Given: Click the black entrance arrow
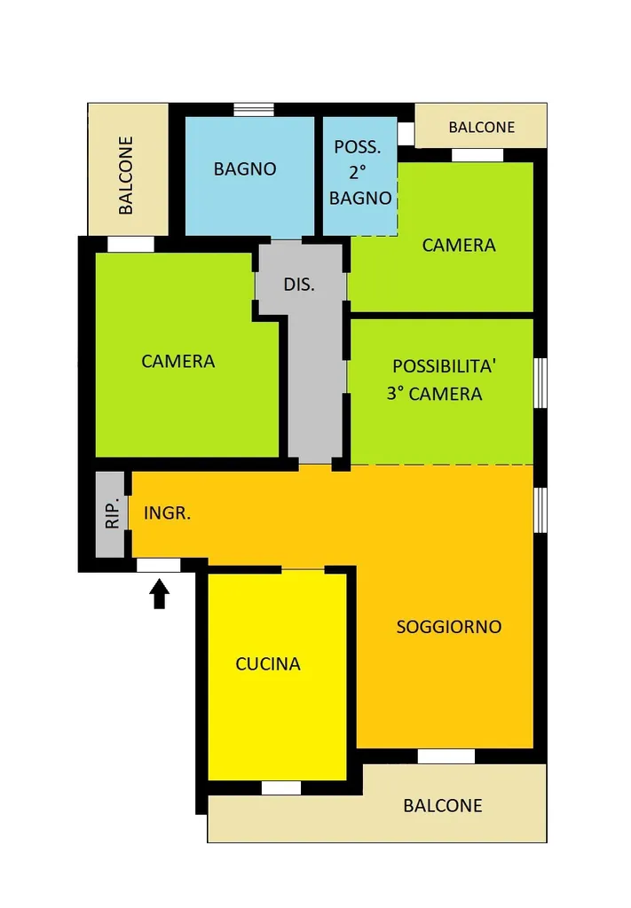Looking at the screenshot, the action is pos(160,594).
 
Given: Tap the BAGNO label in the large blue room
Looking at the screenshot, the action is pos(245,169).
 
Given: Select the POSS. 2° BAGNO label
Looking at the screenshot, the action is pos(359,173).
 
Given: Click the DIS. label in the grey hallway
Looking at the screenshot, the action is pos(299,285).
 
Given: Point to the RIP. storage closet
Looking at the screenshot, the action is pos(110,515).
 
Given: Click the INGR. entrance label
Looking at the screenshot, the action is pos(167,513).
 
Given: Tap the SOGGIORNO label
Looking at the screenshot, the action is pos(449,627).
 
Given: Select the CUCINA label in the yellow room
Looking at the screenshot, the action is pos(268,663).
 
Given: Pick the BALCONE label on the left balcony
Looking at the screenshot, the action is pos(126,176).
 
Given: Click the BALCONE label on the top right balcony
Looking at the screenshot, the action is pos(482,128).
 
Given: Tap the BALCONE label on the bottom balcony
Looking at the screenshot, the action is pos(443,805).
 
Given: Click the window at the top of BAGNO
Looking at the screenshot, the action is pos(254,110).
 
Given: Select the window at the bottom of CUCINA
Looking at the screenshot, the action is pos(281,787).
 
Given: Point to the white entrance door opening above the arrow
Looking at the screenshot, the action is pos(158,565).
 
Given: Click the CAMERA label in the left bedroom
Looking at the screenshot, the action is pos(177,362).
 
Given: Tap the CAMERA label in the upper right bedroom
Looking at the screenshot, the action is pos(458,246).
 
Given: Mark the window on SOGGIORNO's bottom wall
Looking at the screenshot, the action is pos(446,755).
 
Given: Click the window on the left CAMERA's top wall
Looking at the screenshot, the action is pos(131,245).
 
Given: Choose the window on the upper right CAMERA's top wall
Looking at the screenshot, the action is pos(477,155).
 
